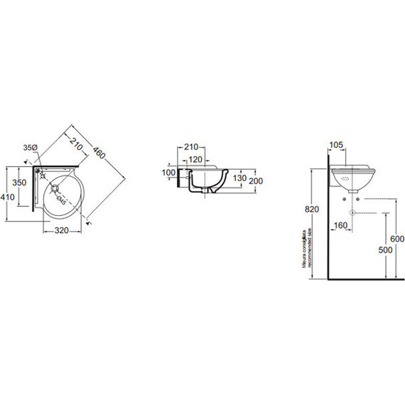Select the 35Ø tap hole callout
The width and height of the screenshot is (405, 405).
(29, 148)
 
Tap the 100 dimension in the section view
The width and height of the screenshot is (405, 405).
(168, 173)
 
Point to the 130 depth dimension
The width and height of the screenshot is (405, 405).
(239, 178)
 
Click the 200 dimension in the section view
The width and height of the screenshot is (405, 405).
(256, 181)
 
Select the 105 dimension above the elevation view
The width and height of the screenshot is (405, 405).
(337, 146)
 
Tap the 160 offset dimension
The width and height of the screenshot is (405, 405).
(340, 227)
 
